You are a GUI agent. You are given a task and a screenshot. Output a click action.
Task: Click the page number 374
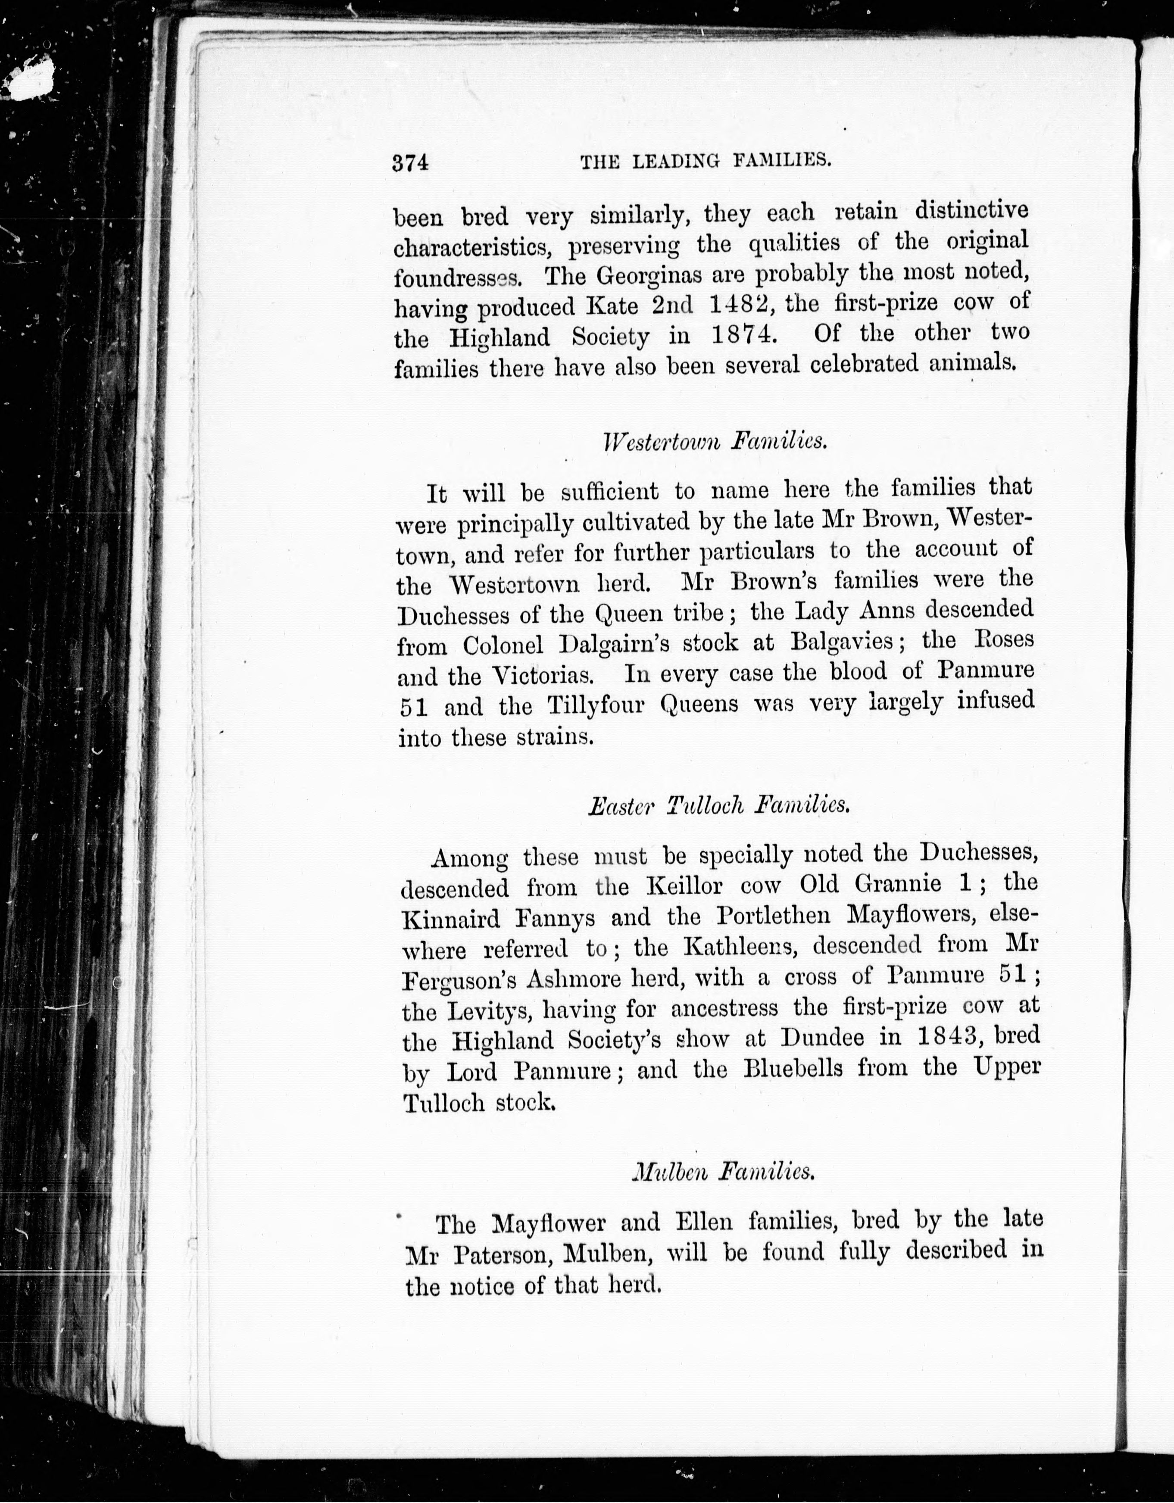[411, 162]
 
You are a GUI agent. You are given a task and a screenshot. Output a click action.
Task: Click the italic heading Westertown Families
[714, 440]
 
